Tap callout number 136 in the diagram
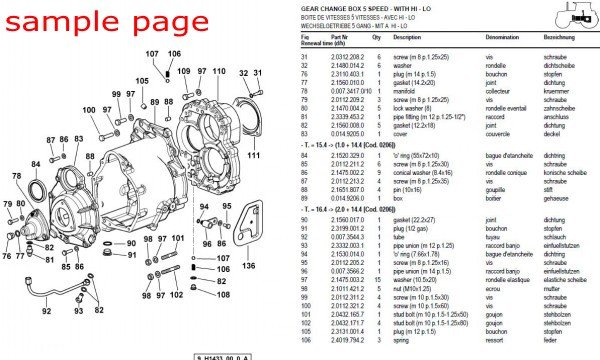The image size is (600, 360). coord(249,266)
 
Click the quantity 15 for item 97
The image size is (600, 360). coord(377,280)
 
